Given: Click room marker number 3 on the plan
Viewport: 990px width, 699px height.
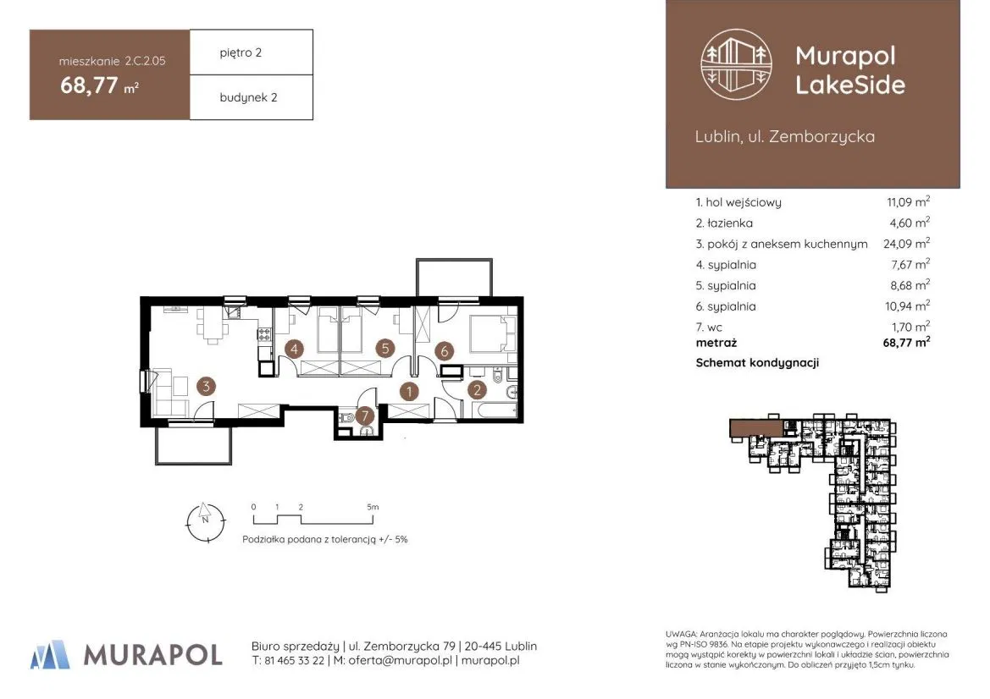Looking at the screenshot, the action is click(206, 386).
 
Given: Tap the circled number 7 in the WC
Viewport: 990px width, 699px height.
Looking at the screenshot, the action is click(364, 416).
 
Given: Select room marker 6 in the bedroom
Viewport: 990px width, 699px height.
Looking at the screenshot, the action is click(445, 350).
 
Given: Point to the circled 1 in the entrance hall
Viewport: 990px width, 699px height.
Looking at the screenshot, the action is click(409, 391).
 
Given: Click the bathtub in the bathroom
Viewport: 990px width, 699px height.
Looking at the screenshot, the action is click(495, 410).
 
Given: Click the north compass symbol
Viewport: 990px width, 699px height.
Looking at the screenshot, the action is click(206, 522).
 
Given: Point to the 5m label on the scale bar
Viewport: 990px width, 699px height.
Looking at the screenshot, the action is click(373, 507).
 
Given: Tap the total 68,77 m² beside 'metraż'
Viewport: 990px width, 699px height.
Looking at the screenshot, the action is click(906, 343).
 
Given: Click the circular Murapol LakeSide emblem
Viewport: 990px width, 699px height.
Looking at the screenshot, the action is click(736, 64).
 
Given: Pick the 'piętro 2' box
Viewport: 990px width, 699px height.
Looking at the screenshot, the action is click(252, 52).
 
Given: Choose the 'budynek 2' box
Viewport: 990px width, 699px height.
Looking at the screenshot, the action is click(252, 97).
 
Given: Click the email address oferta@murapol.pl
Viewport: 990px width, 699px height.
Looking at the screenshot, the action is click(401, 661).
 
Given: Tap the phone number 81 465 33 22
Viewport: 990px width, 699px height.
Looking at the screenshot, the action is click(294, 661).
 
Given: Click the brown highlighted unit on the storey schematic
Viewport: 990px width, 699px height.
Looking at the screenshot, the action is click(755, 429).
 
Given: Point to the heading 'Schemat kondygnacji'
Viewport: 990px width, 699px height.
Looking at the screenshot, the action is click(757, 363).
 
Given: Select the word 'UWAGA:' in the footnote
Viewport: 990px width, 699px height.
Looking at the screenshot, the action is click(681, 634).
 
